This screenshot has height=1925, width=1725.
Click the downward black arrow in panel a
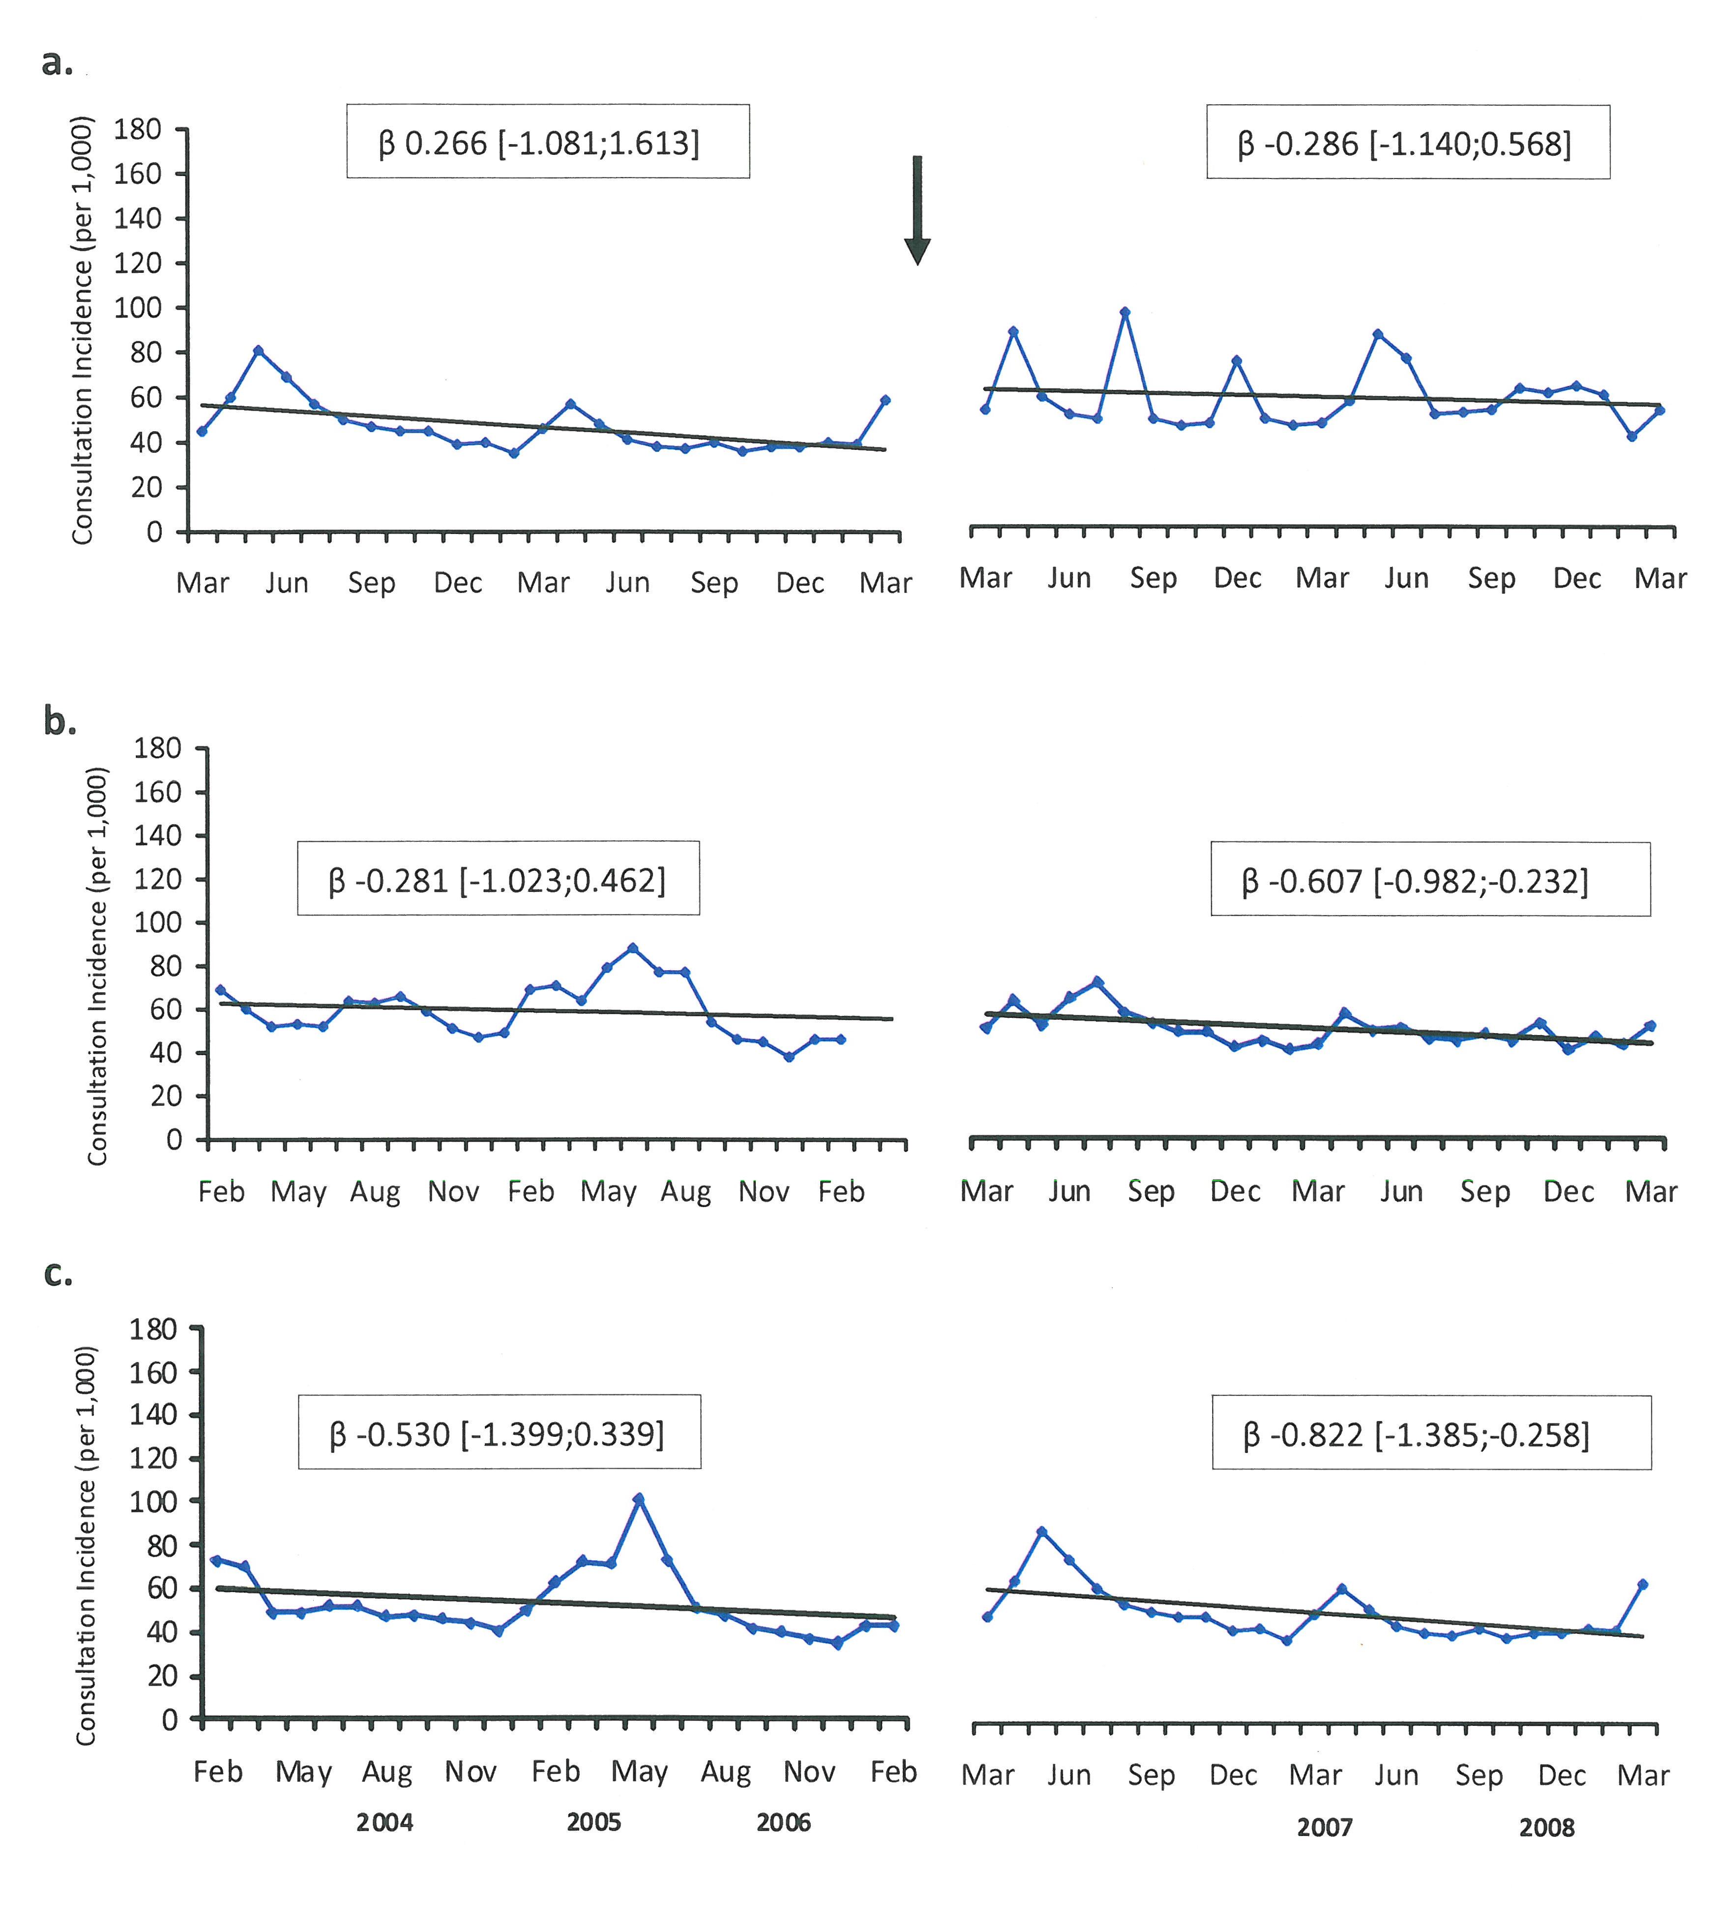click(917, 210)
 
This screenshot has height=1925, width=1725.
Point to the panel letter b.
click(59, 722)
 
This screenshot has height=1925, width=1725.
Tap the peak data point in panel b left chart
click(633, 948)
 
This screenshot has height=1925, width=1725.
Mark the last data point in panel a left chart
click(885, 400)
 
